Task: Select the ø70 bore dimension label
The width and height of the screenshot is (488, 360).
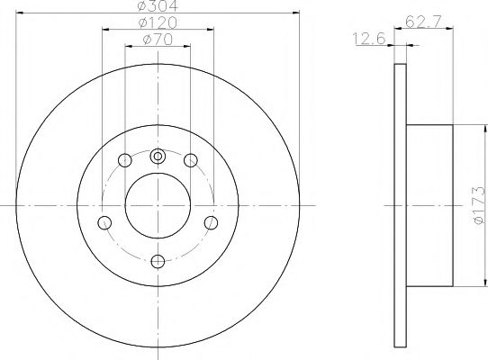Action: click(158, 40)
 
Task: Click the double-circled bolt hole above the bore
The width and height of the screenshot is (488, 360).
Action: click(158, 157)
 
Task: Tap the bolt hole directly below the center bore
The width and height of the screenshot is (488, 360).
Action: click(158, 261)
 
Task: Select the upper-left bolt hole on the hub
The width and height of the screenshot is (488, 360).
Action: click(125, 161)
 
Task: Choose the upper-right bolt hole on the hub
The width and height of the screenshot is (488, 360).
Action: click(190, 161)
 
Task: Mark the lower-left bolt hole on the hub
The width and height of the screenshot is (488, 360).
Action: click(105, 222)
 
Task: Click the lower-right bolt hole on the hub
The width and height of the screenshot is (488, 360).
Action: click(212, 222)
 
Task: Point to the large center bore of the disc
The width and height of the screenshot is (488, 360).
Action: click(158, 206)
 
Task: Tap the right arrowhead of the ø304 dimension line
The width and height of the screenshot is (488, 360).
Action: click(294, 13)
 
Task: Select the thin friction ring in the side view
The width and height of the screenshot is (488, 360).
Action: click(402, 206)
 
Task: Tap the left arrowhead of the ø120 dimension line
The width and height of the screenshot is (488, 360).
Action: click(105, 29)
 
